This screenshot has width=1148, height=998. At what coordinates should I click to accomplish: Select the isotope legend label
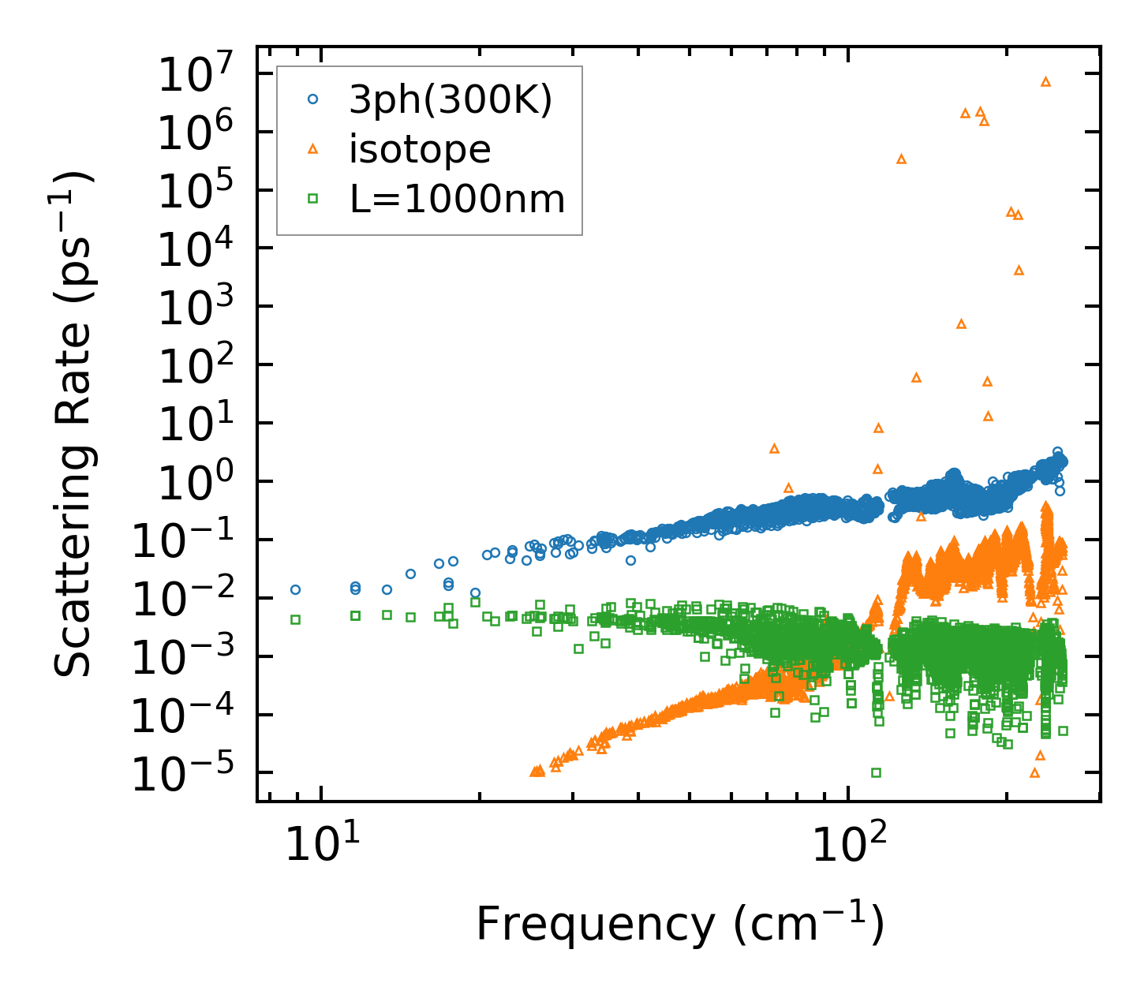click(x=420, y=149)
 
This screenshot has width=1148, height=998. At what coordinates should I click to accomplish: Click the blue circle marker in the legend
click(x=313, y=99)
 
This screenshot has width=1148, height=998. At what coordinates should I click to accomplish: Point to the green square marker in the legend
click(x=313, y=199)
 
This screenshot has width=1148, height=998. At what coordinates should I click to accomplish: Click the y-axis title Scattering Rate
click(x=73, y=424)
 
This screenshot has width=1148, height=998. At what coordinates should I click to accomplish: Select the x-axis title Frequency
click(x=679, y=924)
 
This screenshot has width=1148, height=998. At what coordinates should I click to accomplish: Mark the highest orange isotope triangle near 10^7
click(x=1046, y=81)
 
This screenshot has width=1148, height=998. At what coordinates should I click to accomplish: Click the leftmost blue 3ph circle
click(x=296, y=589)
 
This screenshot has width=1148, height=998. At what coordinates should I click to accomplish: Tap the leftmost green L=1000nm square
click(x=296, y=619)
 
